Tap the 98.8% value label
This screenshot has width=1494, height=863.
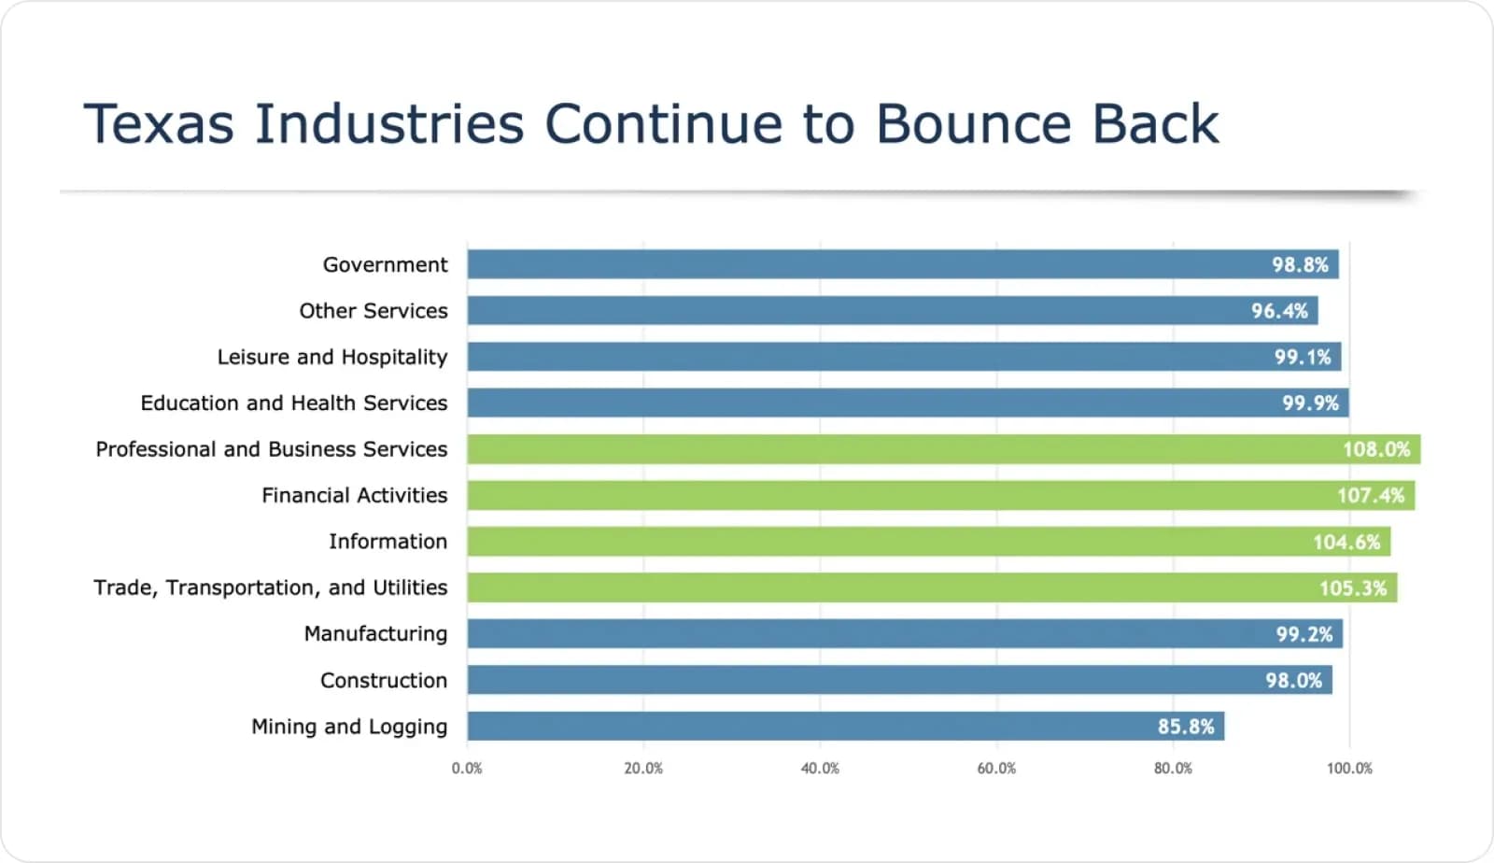tap(1300, 264)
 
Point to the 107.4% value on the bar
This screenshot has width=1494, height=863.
tap(1370, 495)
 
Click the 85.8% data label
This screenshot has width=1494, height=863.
tap(1186, 726)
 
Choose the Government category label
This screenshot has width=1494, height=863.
tap(385, 264)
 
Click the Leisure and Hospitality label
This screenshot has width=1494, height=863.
tap(331, 357)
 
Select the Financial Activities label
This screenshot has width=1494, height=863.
tap(354, 495)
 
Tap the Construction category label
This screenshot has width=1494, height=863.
tap(383, 680)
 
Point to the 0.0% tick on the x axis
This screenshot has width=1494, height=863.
tap(467, 768)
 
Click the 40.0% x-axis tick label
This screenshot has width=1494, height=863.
tap(820, 768)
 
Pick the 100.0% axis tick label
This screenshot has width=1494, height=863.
tap(1349, 768)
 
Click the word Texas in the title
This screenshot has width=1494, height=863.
tap(159, 124)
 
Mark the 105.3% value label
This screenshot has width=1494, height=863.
tap(1352, 587)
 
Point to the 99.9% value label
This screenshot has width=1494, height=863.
tap(1310, 403)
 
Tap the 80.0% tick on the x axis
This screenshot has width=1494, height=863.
tap(1173, 768)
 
